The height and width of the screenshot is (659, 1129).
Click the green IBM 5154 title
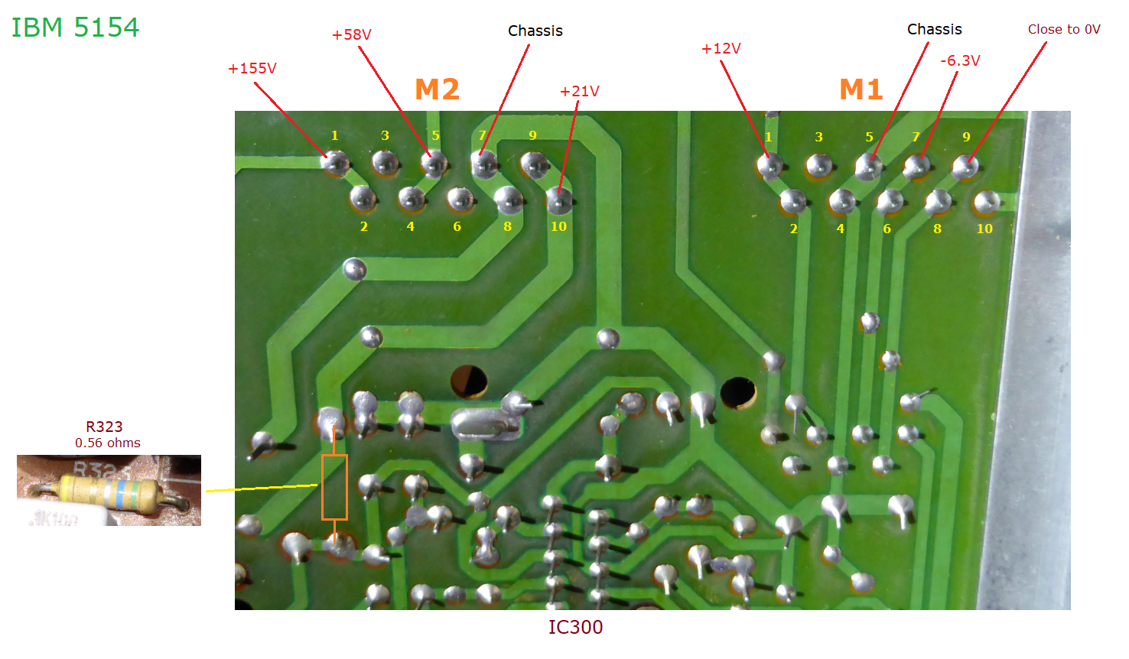click(x=75, y=28)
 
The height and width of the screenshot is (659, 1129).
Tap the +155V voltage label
click(x=252, y=69)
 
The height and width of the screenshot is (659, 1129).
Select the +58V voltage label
click(x=352, y=35)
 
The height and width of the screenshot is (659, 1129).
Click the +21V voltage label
click(x=580, y=92)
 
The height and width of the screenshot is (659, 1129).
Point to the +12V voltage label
click(x=721, y=49)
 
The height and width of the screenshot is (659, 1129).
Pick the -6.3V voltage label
click(x=960, y=61)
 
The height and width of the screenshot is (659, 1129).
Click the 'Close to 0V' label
click(x=1064, y=30)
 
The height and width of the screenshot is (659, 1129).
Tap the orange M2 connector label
click(x=437, y=90)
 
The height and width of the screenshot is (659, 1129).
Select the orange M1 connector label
click(x=861, y=90)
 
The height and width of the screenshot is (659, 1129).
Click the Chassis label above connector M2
click(x=535, y=31)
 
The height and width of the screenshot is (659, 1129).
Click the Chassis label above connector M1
click(x=935, y=30)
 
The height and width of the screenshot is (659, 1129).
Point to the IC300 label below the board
click(x=575, y=628)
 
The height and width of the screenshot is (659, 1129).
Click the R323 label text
click(x=104, y=427)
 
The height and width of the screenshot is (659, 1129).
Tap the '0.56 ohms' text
click(x=108, y=443)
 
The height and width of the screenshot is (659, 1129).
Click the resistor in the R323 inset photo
click(x=111, y=492)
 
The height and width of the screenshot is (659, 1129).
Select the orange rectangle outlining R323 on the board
click(x=334, y=487)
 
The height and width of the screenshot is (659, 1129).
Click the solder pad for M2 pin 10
click(x=559, y=201)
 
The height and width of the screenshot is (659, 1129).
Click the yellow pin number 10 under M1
click(x=984, y=229)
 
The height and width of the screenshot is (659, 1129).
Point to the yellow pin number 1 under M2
click(x=334, y=136)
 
